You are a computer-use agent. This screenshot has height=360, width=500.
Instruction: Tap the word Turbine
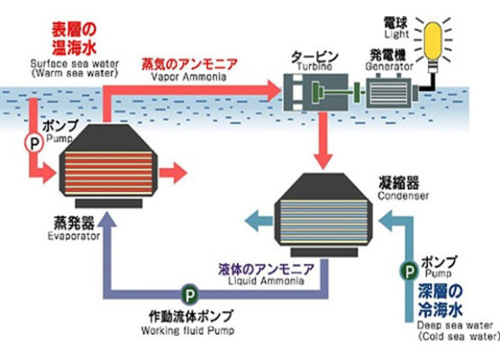pos(314,67)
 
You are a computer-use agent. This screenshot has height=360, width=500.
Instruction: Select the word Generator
pos(389,67)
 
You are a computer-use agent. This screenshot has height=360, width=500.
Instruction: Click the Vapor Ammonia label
pos(189,76)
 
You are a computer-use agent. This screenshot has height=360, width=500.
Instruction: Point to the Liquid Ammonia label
pos(266,281)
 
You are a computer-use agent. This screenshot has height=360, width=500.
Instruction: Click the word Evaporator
pos(74,236)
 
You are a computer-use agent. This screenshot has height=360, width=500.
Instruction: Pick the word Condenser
pos(404,195)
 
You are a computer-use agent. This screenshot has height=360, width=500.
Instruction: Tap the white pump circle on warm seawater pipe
pos(33,143)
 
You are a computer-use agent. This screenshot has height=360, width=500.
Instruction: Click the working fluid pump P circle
pos(190,295)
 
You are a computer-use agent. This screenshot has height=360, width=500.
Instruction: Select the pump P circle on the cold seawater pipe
pos(409,271)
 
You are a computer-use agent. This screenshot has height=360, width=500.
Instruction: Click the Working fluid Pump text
pos(187,330)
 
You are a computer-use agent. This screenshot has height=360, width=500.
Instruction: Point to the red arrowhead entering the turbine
pos(274,90)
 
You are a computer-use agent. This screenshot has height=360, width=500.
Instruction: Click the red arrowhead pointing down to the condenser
pos(323,161)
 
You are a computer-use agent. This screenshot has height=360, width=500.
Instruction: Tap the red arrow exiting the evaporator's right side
pos(173,174)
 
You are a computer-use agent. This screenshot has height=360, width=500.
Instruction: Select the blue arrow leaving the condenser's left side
pos(259,220)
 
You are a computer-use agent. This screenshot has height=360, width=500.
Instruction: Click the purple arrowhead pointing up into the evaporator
pos(107,220)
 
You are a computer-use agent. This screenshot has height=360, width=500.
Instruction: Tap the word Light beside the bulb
pos(396,34)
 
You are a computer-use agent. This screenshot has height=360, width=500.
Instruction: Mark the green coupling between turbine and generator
pos(357,92)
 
